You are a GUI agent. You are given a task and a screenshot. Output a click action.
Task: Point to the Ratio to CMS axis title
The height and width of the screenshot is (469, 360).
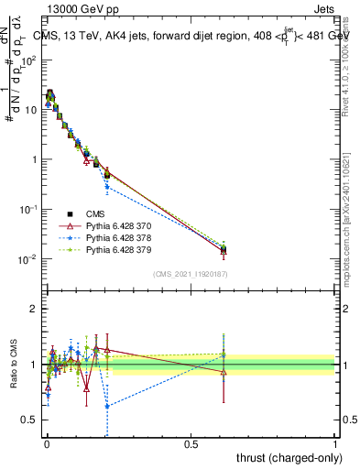tap(13, 377)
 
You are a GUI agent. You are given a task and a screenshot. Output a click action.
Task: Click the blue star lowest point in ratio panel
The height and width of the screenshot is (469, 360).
tap(107, 406)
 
